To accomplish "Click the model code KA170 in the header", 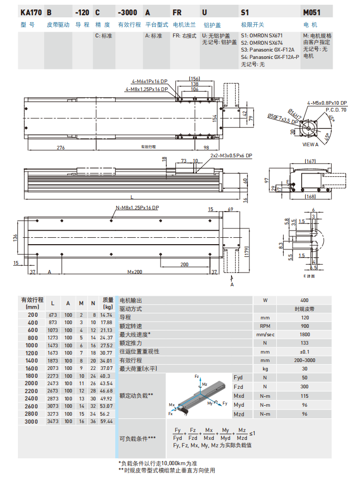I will (31, 12).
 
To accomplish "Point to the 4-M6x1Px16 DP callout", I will (149, 82).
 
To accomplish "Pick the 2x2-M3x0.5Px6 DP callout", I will (231, 156).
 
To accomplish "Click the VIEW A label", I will (311, 144).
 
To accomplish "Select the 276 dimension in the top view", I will (61, 148).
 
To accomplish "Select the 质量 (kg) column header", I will (107, 303).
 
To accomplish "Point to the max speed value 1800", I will (304, 334).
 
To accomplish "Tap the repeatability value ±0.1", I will (304, 351).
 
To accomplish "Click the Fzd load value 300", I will (304, 387).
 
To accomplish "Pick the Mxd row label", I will (239, 396).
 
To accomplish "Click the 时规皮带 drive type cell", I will (304, 309).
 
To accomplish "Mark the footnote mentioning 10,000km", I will (157, 463).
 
